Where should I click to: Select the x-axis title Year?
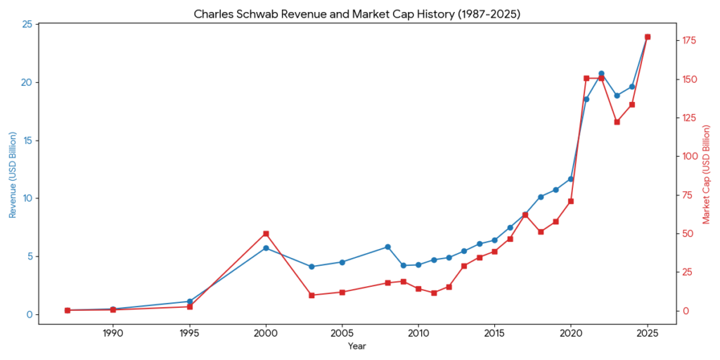356,346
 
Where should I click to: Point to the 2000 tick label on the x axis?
266,333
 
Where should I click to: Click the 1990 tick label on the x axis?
112,333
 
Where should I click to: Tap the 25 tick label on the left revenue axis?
27,25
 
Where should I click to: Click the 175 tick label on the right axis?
692,41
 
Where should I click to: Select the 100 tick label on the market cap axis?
692,156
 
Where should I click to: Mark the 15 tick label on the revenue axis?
27,141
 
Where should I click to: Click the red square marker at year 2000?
266,233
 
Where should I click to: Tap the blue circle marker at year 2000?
266,248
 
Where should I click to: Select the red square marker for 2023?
617,122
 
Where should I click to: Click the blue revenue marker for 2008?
387,247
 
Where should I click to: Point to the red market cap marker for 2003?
311,295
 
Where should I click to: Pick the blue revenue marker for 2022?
601,73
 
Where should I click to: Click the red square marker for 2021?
586,78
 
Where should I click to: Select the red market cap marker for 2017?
525,215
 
